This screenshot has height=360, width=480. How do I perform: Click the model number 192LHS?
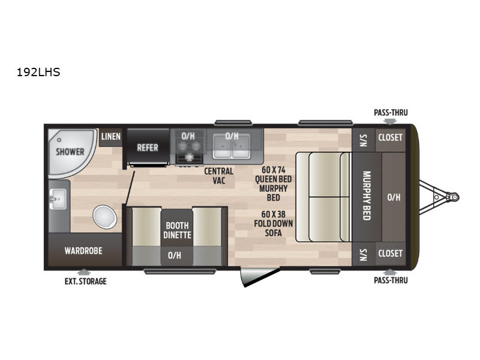38,72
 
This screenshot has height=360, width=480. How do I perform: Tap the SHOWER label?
70,152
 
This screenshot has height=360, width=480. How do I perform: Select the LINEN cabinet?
110,137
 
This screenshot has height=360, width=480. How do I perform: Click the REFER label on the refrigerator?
148,148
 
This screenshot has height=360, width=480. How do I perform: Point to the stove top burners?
188,148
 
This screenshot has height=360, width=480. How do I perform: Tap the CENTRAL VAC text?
219,176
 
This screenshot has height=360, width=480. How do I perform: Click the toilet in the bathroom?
104,217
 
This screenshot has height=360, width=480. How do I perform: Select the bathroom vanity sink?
58,199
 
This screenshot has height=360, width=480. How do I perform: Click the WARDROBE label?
83,251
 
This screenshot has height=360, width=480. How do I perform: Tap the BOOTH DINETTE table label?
177,230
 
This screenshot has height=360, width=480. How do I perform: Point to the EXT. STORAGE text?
85,281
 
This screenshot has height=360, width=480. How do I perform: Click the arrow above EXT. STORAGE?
83,272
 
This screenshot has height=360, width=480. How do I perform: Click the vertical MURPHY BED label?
367,196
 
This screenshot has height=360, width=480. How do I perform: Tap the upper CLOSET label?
391,137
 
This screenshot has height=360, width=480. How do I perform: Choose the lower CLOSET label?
391,253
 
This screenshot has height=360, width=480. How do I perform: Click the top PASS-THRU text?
391,113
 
